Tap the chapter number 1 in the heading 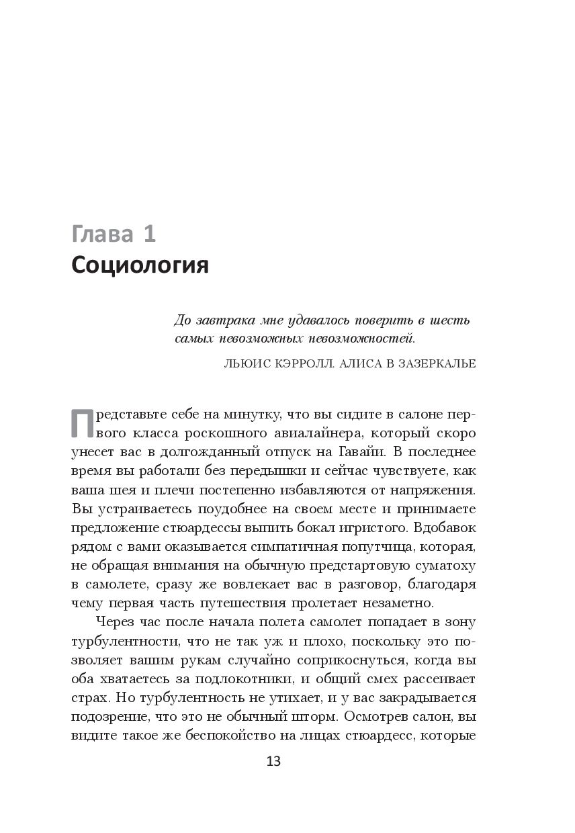click(149, 234)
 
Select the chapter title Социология click(140, 265)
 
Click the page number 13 click(273, 761)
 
